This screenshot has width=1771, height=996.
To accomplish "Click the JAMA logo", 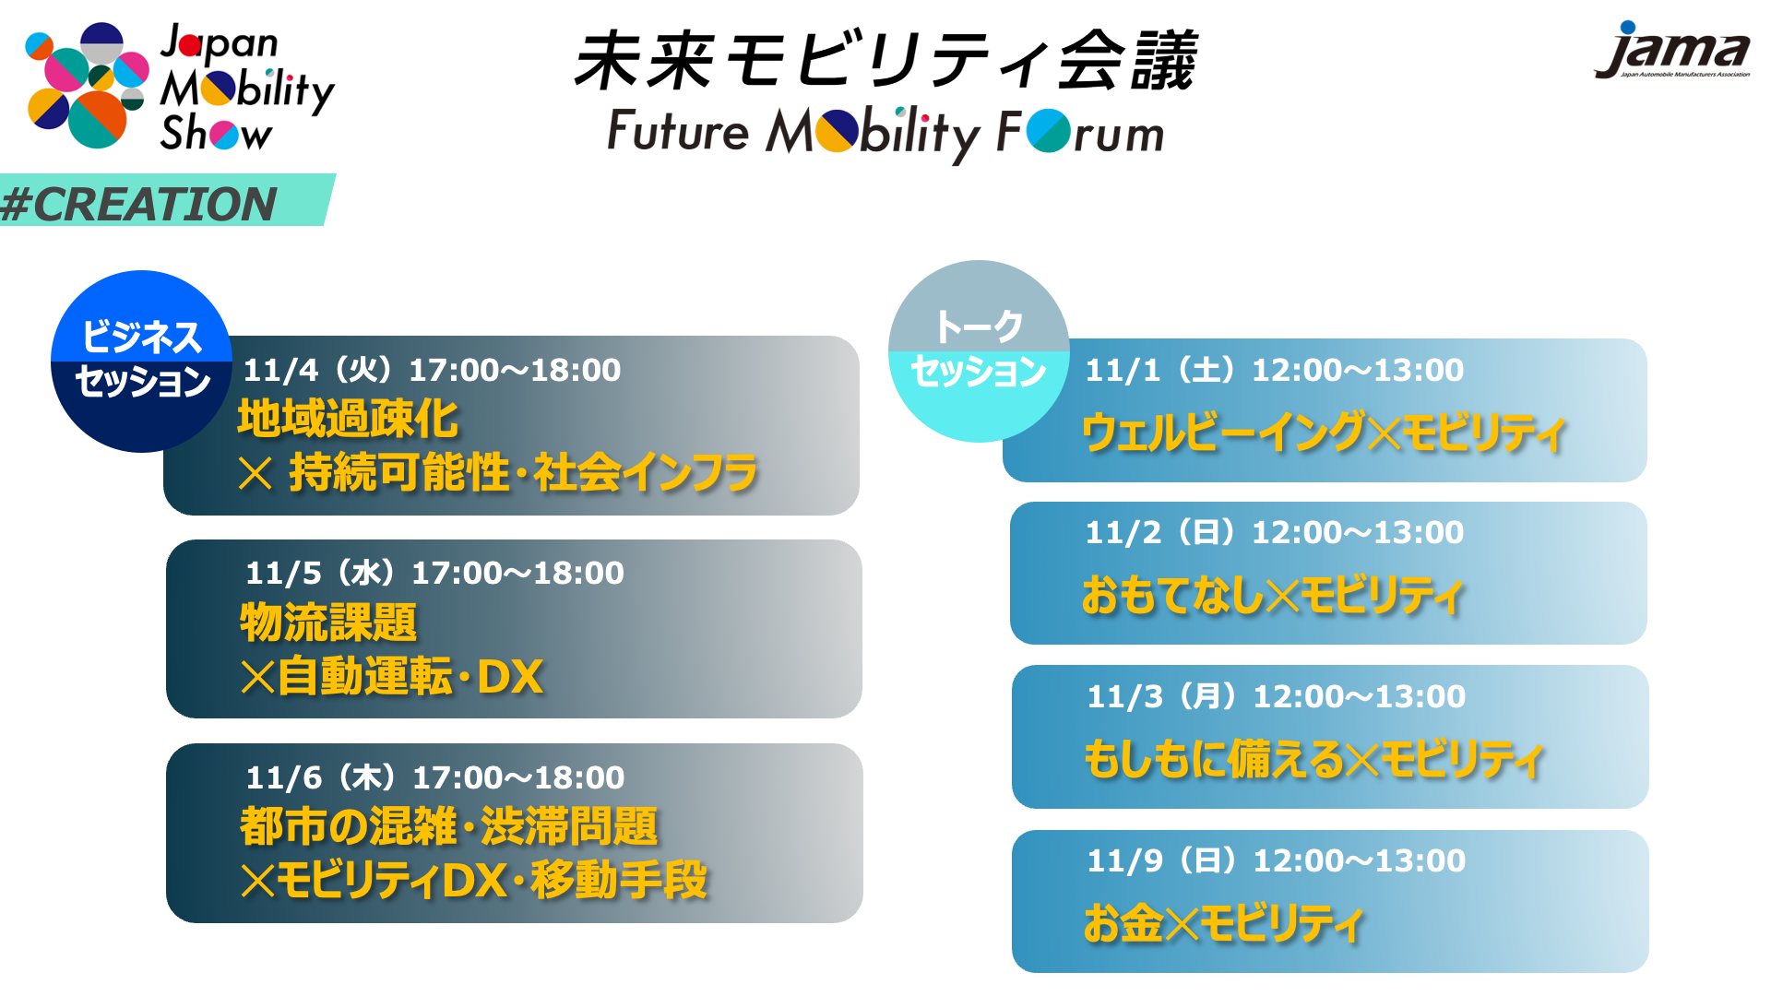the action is tap(1671, 50).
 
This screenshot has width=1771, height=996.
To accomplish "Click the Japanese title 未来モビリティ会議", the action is tap(885, 61).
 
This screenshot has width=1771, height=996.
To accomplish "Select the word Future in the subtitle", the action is tap(678, 131).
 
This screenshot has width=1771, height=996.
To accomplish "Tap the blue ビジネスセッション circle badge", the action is tap(141, 361).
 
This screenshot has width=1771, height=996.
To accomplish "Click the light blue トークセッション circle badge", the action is tap(979, 350).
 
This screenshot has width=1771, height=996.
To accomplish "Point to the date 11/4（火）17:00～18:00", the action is tap(432, 370).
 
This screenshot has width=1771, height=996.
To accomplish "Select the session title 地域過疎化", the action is tap(348, 419).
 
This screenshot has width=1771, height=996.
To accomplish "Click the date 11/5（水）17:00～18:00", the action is tap(434, 573).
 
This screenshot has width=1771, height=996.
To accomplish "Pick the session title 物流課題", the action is tap(328, 622).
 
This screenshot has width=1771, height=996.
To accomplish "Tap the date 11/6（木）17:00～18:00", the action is tap(435, 777).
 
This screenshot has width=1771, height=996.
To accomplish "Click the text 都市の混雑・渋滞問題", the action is tap(449, 825).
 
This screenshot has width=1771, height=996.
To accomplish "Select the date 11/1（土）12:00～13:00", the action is tap(1274, 370).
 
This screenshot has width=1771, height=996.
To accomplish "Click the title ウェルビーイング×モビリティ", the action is tap(1324, 432).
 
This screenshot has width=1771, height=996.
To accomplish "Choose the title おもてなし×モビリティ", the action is tap(1273, 595).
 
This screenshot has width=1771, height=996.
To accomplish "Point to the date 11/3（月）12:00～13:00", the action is tap(1276, 696).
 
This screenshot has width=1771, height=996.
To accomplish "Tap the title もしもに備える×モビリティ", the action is tap(1313, 759).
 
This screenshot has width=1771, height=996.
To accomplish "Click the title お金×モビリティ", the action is tap(1223, 923).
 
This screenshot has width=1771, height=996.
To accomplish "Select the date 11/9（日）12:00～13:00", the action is tap(1276, 860).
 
